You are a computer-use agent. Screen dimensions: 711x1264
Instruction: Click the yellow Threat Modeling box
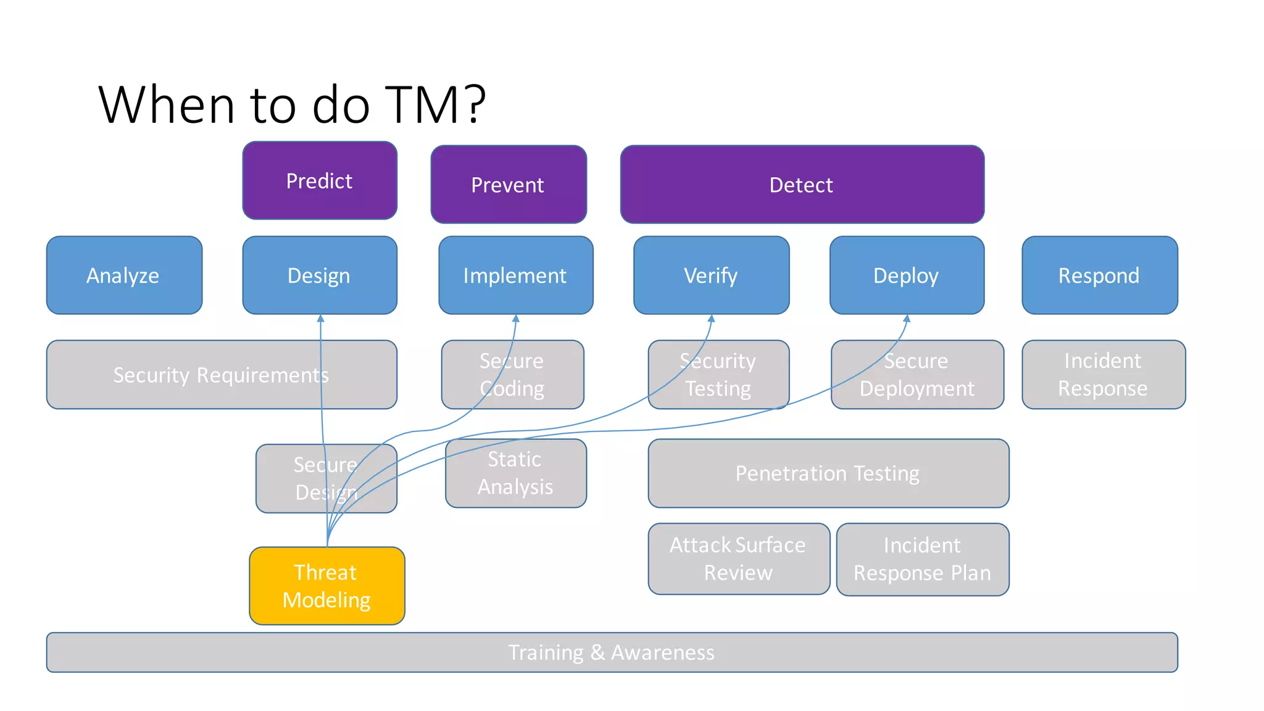(x=326, y=586)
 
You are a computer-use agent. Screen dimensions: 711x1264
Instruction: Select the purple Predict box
(x=320, y=180)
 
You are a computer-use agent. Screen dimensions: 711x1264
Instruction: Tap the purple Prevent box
(x=509, y=185)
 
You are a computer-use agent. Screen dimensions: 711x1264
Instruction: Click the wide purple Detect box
(x=802, y=185)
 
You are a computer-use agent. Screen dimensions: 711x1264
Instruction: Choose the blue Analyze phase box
(x=124, y=275)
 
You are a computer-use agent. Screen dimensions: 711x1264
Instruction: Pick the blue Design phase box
(x=320, y=275)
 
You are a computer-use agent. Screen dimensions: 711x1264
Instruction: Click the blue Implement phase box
(x=515, y=275)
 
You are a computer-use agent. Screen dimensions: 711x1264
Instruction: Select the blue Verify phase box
(x=711, y=275)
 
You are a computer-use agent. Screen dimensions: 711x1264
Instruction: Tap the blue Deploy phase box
(x=907, y=275)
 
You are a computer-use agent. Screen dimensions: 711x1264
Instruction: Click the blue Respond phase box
(x=1099, y=275)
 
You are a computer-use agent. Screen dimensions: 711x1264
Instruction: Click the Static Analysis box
(x=515, y=473)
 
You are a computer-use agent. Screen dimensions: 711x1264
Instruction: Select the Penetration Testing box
(x=828, y=473)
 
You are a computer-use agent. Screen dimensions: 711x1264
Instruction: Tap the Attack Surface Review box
(x=738, y=559)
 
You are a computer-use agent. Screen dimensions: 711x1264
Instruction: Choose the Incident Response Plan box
(x=922, y=559)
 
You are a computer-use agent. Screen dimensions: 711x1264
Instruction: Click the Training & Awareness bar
(x=612, y=652)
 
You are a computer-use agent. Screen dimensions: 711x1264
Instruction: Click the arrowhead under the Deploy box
(x=907, y=319)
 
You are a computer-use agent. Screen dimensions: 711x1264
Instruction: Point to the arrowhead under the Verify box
(x=711, y=319)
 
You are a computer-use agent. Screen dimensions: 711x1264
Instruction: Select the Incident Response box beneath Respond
(x=1103, y=375)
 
